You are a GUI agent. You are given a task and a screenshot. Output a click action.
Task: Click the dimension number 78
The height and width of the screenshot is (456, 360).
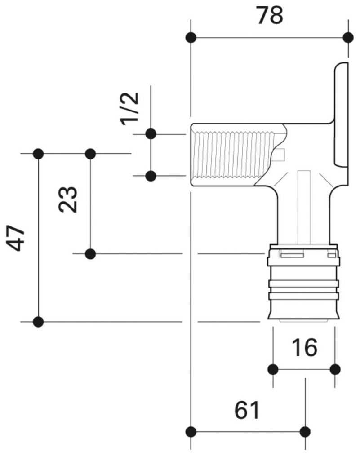(270, 16)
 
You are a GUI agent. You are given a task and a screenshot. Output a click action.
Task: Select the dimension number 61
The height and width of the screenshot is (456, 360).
(248, 411)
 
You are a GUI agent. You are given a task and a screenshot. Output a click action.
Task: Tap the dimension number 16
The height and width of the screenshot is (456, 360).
(304, 347)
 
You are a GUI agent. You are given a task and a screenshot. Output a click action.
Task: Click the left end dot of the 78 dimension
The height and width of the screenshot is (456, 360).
(191, 37)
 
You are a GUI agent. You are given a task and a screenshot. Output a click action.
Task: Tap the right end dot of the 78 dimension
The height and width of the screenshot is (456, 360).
(348, 37)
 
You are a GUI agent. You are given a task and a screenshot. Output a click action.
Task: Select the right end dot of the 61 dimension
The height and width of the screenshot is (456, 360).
(305, 432)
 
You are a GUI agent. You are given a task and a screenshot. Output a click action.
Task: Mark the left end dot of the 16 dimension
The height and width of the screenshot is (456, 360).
(273, 369)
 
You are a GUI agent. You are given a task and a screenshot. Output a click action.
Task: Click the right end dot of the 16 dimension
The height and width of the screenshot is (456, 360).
(335, 369)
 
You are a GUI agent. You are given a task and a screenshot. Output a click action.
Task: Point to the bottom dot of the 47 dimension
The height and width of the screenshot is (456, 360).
(39, 322)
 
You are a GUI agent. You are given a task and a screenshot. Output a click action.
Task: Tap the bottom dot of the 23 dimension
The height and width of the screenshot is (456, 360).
(91, 254)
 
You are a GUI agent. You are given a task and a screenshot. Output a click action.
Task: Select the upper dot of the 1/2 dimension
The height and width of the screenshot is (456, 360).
(151, 133)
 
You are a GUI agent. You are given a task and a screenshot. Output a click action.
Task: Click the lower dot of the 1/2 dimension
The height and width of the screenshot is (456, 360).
(151, 176)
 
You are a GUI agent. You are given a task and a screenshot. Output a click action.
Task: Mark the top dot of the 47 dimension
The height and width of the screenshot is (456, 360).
(39, 154)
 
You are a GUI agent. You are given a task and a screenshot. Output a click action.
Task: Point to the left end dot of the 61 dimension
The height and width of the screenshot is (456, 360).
(191, 432)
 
